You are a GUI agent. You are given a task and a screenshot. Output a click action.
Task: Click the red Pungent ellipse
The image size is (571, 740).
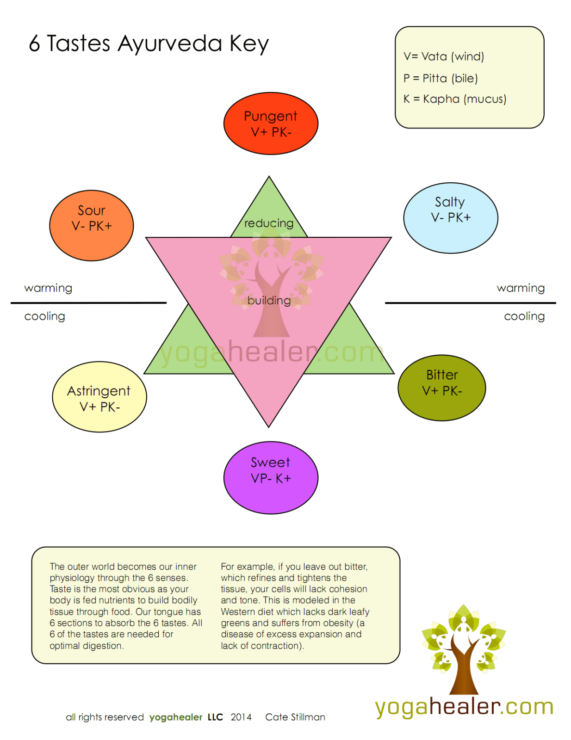click(271, 123)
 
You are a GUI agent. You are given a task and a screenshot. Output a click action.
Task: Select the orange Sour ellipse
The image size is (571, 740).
click(91, 225)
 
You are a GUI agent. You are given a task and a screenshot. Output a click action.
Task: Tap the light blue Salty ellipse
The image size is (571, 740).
click(450, 218)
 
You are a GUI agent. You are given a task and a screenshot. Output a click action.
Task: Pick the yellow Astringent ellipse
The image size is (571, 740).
click(99, 397)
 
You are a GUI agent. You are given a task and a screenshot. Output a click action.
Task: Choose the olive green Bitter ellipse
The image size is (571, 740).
click(441, 388)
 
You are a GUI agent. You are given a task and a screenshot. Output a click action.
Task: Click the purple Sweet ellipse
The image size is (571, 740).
click(271, 477)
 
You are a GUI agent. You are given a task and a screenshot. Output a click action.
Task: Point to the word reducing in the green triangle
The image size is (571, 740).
click(269, 223)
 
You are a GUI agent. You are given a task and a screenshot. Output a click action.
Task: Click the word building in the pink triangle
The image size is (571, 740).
click(269, 301)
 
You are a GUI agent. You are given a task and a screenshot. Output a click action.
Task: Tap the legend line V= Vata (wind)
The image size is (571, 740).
click(444, 56)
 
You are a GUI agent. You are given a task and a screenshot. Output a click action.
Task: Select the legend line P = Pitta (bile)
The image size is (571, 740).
click(441, 78)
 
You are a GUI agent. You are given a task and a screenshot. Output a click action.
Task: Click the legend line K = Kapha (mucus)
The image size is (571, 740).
click(455, 99)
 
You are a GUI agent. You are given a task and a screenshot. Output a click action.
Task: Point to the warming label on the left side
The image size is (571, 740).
click(48, 288)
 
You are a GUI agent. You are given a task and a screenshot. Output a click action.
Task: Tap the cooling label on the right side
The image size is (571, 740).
click(524, 316)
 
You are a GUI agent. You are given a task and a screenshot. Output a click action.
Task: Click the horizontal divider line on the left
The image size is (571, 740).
click(88, 303)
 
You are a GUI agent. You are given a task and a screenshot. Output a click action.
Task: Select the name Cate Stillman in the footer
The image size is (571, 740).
click(295, 717)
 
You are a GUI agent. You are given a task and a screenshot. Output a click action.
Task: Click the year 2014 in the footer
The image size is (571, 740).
click(241, 717)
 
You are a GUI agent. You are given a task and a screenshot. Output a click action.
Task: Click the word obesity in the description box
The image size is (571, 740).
click(337, 623)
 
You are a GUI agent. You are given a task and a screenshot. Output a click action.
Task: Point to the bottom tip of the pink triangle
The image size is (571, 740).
click(269, 425)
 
